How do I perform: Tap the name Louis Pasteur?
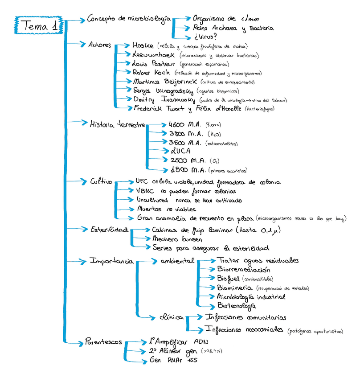(x=149, y=63)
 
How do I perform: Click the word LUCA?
(x=180, y=151)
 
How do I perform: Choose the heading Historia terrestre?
(x=118, y=124)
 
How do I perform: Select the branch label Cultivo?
(x=102, y=182)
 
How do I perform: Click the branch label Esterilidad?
(x=109, y=230)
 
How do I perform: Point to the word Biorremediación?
(x=244, y=269)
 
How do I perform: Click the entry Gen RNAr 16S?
(x=174, y=360)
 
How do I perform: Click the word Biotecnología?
(x=237, y=306)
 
